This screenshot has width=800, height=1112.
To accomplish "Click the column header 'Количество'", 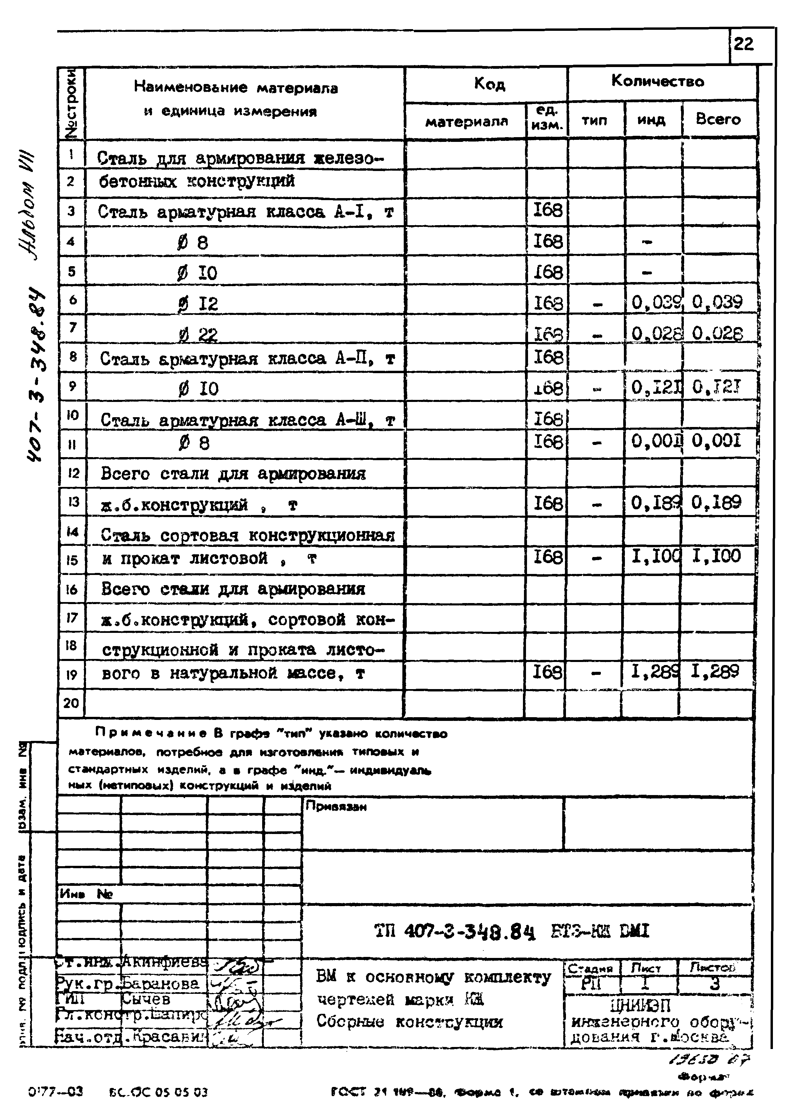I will pos(657,81).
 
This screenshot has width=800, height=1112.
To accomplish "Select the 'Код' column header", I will pos(489,84).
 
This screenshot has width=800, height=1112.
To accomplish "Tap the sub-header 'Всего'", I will pos(718,119).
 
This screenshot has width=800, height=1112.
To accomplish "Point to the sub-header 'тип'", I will pos(594,120).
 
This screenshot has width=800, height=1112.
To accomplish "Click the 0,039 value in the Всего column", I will pos(717,302).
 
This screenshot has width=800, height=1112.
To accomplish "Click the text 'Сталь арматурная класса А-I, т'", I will pos(245,212).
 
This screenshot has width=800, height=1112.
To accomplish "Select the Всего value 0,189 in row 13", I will pos(716,502).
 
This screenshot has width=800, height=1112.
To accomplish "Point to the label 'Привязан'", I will pos(336,807).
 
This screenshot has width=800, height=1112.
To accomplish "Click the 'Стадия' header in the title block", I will pos(591,969).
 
